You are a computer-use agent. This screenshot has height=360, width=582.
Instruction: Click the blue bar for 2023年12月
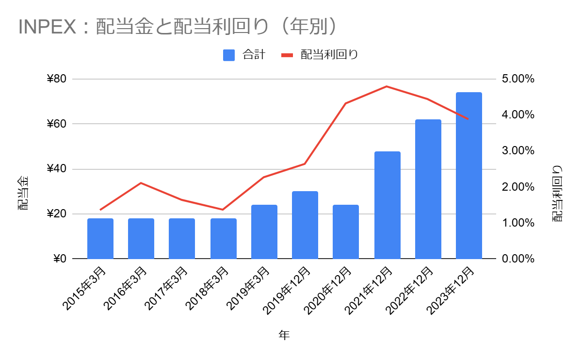click(469, 175)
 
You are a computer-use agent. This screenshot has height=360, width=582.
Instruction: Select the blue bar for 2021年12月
click(387, 205)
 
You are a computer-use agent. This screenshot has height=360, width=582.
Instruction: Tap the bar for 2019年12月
click(305, 225)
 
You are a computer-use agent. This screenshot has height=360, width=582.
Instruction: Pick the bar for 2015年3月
click(100, 238)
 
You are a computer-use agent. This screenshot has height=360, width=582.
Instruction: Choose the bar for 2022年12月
click(428, 189)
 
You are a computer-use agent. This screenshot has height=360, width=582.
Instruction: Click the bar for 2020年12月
click(346, 231)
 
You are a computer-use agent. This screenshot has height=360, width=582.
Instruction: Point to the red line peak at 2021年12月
click(387, 86)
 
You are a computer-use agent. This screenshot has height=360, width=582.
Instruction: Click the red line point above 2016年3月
click(141, 183)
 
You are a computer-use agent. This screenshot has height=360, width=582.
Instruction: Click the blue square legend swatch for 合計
click(229, 55)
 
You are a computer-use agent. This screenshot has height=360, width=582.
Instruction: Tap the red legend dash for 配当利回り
click(288, 55)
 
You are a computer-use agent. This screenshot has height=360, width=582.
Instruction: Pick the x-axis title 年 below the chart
click(284, 335)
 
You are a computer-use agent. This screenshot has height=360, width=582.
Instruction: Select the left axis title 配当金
click(23, 193)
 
